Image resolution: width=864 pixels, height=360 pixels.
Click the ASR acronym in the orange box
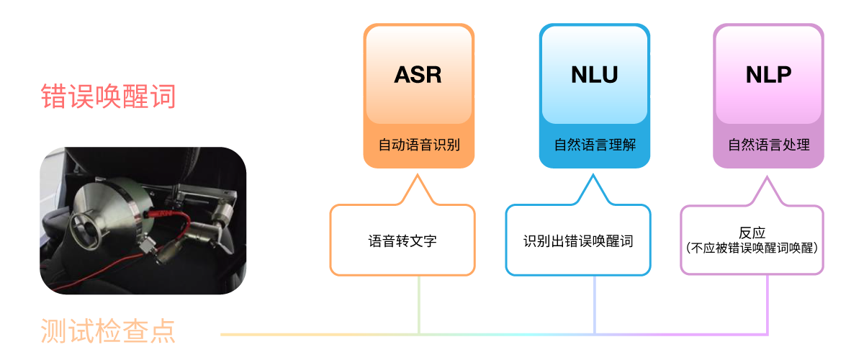418,74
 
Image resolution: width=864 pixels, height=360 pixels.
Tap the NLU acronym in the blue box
595,74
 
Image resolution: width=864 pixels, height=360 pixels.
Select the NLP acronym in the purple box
768,74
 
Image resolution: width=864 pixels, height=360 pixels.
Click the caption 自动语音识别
419,145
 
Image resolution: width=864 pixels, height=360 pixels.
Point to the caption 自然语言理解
595,145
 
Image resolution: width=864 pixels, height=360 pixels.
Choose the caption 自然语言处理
769,145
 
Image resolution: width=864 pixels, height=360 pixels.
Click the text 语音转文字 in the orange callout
402,241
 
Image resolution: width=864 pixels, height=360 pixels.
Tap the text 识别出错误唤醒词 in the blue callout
578,241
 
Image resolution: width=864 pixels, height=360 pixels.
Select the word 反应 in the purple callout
752,233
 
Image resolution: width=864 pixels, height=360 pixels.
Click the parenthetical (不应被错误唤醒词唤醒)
752,248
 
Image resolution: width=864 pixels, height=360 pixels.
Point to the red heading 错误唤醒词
109,96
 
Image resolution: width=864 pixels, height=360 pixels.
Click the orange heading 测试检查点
108,330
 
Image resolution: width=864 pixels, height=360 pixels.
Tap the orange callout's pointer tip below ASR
418,175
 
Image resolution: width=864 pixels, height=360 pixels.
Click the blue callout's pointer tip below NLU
593,175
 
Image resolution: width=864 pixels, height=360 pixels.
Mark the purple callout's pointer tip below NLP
767,176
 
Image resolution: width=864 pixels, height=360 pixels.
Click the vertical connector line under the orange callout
419,305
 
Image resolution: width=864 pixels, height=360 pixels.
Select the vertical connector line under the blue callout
595,305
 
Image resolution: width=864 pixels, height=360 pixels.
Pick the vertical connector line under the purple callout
768,304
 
